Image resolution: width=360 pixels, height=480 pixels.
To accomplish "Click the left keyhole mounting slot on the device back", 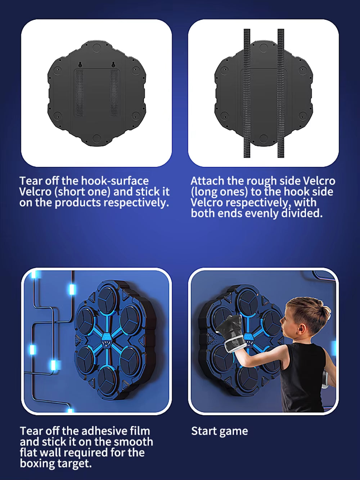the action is click(80, 64).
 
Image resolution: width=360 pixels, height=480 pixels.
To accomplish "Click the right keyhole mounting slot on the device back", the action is click(113, 64).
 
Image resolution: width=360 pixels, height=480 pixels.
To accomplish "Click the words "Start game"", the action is click(220, 431).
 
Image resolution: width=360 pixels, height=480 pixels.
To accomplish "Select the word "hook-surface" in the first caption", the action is click(115, 181).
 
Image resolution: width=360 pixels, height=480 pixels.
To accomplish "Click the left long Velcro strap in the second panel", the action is click(247, 93).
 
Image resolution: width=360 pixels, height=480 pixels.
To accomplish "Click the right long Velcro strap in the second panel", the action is click(281, 93).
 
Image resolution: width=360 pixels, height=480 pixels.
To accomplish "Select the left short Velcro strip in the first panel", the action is click(80, 93).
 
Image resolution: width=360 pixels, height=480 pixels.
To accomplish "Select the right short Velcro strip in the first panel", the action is click(114, 93).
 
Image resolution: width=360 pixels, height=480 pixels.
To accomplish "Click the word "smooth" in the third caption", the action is click(133, 442).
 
